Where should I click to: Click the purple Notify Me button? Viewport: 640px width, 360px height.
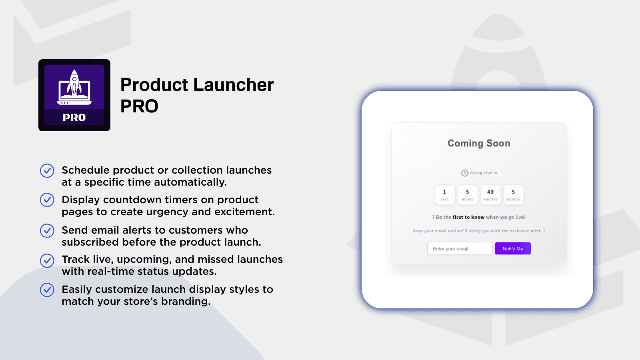[x=513, y=248]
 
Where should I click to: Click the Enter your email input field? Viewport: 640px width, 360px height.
[x=459, y=248]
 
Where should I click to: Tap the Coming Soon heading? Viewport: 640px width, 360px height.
[x=479, y=143]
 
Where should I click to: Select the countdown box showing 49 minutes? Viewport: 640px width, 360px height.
[x=490, y=194]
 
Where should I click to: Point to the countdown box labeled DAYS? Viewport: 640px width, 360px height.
[x=444, y=194]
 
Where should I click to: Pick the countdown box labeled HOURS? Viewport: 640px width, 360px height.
[x=467, y=194]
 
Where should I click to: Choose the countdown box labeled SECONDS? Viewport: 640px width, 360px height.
[x=513, y=194]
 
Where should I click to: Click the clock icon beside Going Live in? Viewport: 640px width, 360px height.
[x=465, y=173]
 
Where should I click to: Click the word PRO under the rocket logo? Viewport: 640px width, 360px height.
[x=74, y=118]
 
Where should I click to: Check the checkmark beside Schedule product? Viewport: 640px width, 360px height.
[x=47, y=171]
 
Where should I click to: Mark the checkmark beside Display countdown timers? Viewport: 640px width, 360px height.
[x=47, y=200]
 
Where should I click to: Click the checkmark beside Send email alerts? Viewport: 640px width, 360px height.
[x=47, y=230]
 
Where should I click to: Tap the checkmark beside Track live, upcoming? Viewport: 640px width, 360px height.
[x=47, y=260]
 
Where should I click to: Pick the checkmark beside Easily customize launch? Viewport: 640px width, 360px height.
[x=47, y=290]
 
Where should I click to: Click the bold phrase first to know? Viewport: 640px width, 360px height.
[x=468, y=217]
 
